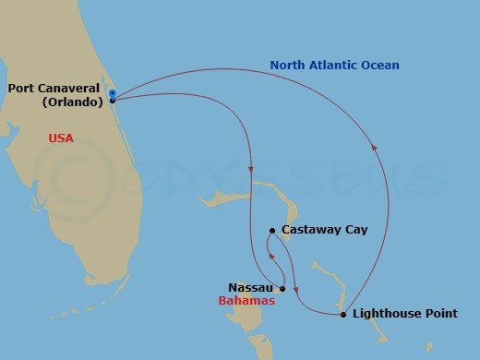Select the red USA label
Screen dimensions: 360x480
tap(61, 138)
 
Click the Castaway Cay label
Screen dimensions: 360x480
tap(324, 230)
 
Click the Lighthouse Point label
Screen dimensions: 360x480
tap(405, 315)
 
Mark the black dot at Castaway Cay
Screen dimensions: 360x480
tap(272, 231)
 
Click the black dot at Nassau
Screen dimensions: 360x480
tap(282, 289)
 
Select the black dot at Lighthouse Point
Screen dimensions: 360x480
tap(343, 315)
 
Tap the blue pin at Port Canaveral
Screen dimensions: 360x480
tap(112, 94)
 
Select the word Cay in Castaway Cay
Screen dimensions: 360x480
tap(355, 230)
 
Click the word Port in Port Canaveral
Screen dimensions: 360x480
tap(21, 89)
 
